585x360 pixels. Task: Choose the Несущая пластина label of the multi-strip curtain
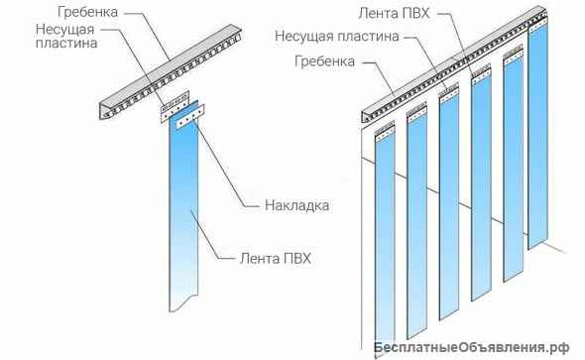tap(337, 37)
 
